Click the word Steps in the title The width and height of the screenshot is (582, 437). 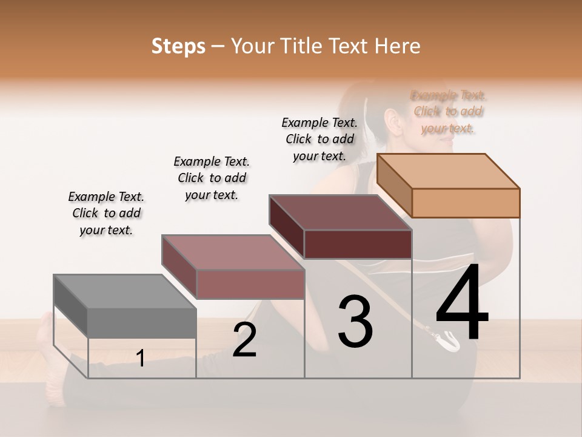click(178, 46)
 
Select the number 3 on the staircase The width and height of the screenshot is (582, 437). click(355, 322)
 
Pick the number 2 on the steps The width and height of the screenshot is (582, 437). click(245, 339)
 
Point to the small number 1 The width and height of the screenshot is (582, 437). click(141, 358)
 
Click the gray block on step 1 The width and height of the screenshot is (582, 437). click(125, 307)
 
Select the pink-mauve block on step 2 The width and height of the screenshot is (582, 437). click(233, 267)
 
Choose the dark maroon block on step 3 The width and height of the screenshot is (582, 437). click(341, 227)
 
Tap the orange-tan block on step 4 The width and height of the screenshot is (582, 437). click(449, 186)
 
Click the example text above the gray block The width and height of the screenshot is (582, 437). click(106, 213)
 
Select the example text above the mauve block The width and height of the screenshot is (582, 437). click(212, 178)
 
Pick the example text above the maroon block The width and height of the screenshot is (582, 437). click(319, 139)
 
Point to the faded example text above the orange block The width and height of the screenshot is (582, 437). click(449, 112)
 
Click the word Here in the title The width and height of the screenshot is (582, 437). click(398, 46)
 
